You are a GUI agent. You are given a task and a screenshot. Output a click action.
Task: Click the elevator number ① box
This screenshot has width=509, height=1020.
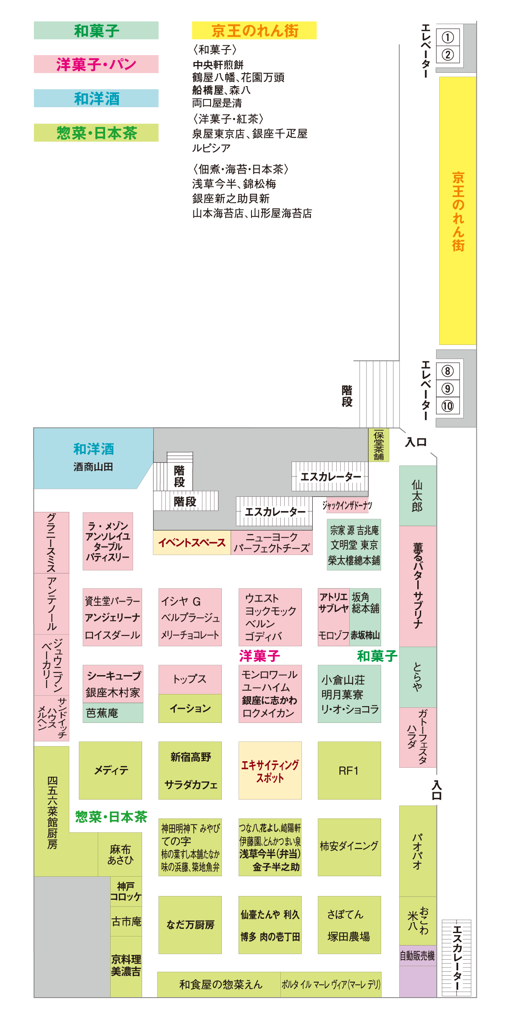[447, 37]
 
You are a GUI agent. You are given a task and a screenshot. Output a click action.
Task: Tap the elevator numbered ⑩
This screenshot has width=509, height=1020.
[447, 406]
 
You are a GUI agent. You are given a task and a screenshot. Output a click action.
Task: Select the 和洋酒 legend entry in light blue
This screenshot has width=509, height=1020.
[96, 99]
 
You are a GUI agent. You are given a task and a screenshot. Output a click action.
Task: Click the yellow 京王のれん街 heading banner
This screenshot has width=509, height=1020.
[254, 31]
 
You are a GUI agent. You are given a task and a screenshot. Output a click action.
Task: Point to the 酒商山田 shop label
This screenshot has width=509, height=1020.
[93, 467]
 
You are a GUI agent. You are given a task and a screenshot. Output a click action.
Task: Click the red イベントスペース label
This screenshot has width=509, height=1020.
[192, 543]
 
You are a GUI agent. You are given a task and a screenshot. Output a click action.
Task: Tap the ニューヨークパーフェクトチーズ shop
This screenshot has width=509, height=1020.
[271, 543]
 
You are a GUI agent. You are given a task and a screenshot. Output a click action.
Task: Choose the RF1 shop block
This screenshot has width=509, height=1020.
[349, 770]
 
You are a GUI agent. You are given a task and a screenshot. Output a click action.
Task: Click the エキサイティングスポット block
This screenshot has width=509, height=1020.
[270, 770]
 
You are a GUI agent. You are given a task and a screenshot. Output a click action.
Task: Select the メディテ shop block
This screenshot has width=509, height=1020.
[111, 770]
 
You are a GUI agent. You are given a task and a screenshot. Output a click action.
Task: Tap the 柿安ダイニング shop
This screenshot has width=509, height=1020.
[349, 846]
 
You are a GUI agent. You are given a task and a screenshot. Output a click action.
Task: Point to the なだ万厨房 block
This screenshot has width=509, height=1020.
[190, 925]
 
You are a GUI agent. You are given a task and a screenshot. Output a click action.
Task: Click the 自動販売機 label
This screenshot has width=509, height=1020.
[417, 956]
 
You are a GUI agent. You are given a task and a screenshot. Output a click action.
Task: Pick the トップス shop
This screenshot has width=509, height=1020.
[190, 679]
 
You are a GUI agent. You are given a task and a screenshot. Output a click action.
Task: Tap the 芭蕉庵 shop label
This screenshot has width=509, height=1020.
[102, 713]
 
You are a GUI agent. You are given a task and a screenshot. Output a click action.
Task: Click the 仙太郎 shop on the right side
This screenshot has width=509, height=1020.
[417, 495]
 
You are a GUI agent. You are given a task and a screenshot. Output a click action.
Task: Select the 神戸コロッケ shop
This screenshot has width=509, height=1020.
[126, 891]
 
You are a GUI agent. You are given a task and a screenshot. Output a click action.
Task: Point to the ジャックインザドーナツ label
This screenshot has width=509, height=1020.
[347, 505]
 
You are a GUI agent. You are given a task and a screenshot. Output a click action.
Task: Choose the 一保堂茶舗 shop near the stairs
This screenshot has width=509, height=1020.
[379, 445]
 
